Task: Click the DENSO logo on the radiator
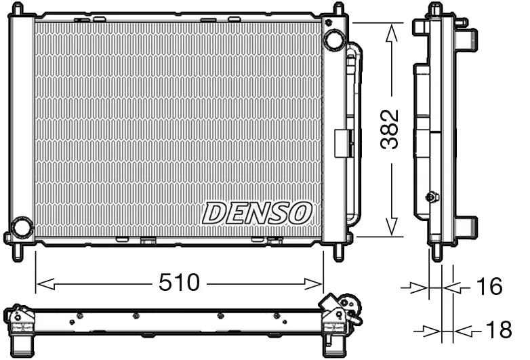tap(257, 213)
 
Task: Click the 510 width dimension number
tap(180, 283)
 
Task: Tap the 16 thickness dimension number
tap(488, 287)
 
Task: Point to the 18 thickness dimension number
tap(499, 331)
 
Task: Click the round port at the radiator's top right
tap(333, 39)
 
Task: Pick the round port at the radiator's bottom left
tap(22, 228)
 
